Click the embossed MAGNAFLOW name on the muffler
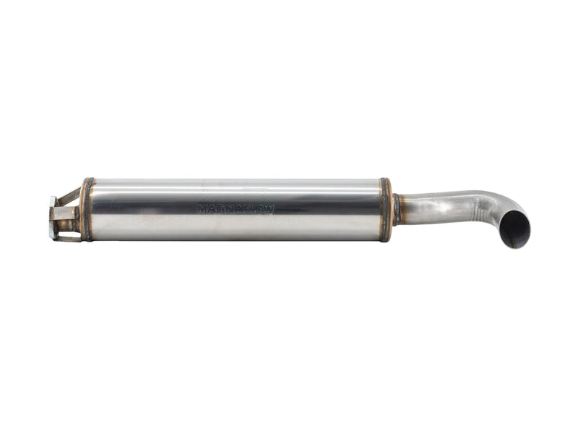point(236,208)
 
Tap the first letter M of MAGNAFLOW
point(202,208)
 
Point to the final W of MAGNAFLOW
point(269,209)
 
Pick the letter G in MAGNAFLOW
point(220,208)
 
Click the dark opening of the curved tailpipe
point(515,229)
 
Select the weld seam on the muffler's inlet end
point(87,209)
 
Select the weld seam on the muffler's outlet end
point(386,209)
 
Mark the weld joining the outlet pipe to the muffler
point(397,209)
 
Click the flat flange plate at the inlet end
point(53,217)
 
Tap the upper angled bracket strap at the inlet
point(69,195)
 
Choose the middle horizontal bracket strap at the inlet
point(65,213)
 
